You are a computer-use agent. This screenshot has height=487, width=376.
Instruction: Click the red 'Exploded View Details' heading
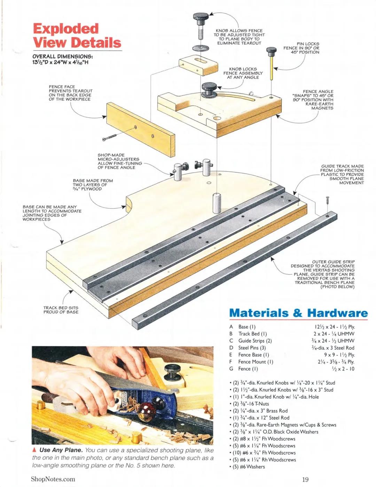pos(77,36)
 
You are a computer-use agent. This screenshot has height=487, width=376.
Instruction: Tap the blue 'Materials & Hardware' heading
pos(298,313)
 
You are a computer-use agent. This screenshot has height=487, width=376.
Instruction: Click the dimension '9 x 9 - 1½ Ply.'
pos(339,355)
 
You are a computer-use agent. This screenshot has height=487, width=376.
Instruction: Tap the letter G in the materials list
pos(231,369)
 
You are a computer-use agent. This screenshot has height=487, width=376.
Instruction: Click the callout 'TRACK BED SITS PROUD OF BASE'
pos(61,310)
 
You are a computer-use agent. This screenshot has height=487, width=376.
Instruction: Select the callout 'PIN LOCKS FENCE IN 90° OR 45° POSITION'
pos(301,48)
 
